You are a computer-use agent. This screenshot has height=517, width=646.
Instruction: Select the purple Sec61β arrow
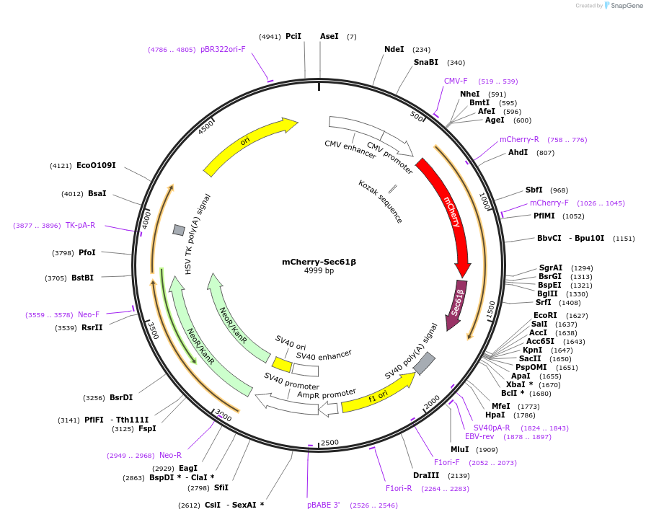click(x=456, y=304)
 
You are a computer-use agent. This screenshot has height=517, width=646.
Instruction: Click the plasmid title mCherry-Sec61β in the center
click(x=319, y=262)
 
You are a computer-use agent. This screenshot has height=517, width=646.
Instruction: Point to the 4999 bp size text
click(x=319, y=271)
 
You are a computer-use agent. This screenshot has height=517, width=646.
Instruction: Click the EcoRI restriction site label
click(x=545, y=316)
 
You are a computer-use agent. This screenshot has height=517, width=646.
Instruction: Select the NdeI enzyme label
click(x=394, y=50)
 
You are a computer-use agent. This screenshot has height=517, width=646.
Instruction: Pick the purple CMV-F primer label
click(x=456, y=81)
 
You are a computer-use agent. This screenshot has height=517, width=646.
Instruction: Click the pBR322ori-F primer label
click(x=223, y=50)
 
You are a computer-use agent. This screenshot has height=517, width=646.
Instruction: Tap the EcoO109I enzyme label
click(x=96, y=166)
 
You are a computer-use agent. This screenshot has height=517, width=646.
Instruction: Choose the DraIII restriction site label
click(x=426, y=476)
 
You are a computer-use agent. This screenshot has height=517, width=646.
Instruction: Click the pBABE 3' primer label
click(x=323, y=505)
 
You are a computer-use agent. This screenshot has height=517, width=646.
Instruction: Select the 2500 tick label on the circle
click(x=329, y=442)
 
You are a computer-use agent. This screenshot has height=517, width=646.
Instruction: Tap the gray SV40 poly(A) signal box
click(x=424, y=363)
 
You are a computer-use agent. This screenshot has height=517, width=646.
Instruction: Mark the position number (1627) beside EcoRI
click(x=577, y=316)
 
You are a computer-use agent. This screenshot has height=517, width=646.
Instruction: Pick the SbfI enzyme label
click(x=534, y=190)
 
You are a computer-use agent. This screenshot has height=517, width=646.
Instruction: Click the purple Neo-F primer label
click(x=89, y=315)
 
